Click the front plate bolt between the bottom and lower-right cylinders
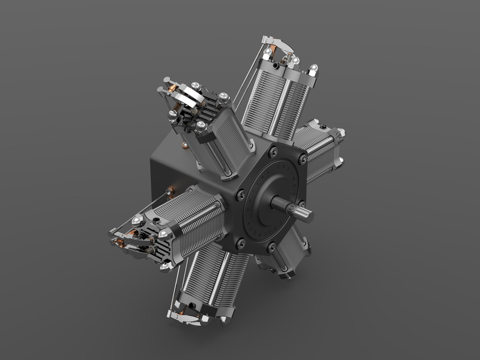[x=271, y=246]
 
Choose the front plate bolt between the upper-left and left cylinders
[x=241, y=195]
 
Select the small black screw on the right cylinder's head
[x=323, y=121]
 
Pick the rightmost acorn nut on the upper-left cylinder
[x=223, y=97]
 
